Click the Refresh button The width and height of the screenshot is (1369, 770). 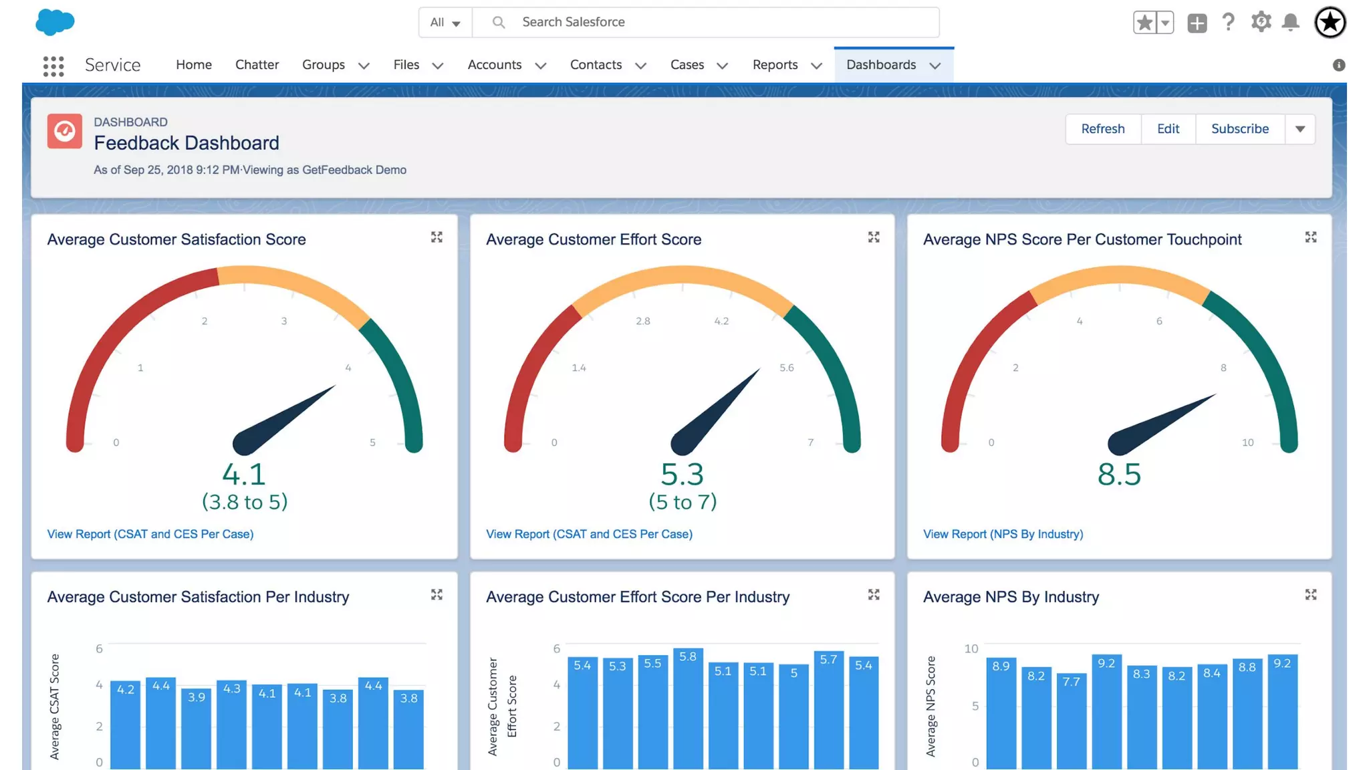(x=1102, y=129)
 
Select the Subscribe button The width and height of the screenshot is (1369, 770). (x=1239, y=129)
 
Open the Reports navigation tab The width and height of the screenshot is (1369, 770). (x=775, y=65)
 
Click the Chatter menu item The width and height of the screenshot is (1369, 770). (x=257, y=65)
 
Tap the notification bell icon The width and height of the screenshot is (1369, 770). (x=1290, y=23)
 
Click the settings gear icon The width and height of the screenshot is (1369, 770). (x=1260, y=22)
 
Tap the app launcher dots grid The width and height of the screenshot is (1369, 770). (x=53, y=66)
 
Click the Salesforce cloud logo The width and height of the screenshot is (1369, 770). (x=55, y=22)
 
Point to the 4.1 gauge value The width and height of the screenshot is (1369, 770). (x=244, y=475)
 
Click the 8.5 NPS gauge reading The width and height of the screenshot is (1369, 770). (x=1119, y=475)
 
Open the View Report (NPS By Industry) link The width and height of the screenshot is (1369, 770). (x=1003, y=534)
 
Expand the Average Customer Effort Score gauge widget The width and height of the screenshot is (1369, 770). (x=873, y=237)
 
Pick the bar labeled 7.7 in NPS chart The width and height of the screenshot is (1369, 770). (x=1071, y=722)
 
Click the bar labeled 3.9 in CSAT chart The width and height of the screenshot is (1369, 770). (x=197, y=729)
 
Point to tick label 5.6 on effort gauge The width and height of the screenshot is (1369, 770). (x=786, y=368)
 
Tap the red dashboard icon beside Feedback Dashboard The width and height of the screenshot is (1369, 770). (x=65, y=131)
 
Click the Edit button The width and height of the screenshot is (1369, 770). (x=1168, y=129)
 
